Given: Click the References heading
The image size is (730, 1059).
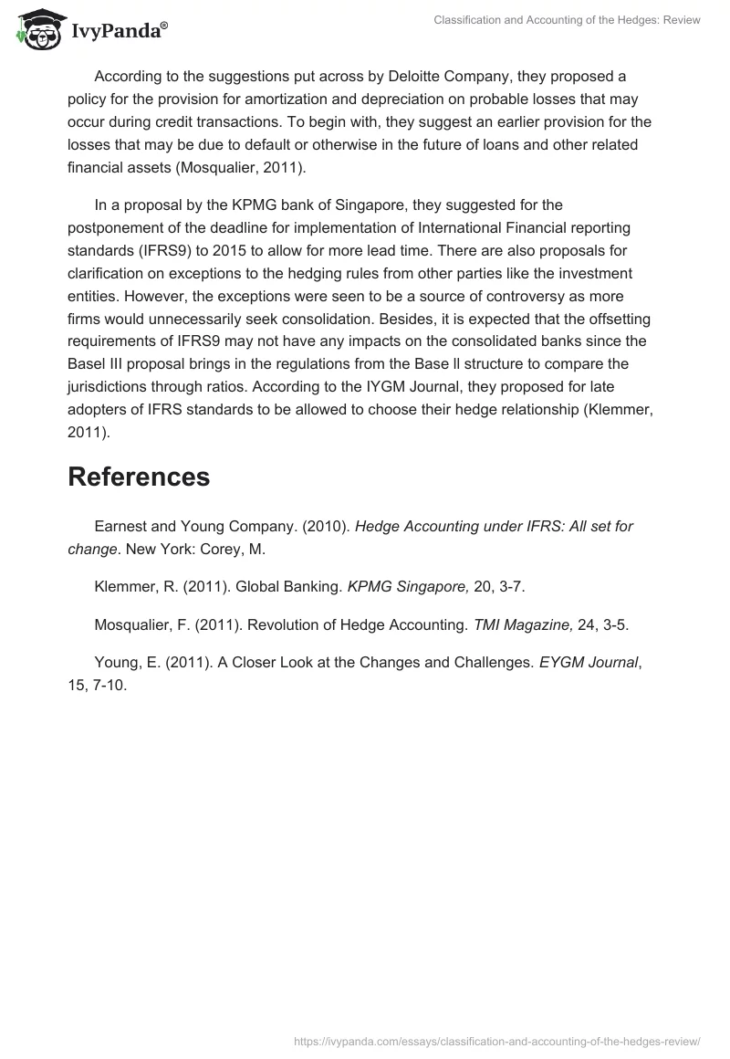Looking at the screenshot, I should pos(139,477).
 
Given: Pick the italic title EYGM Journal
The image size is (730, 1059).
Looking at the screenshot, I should pos(588,662).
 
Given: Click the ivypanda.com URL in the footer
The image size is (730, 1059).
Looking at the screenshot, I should pos(496,1041).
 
